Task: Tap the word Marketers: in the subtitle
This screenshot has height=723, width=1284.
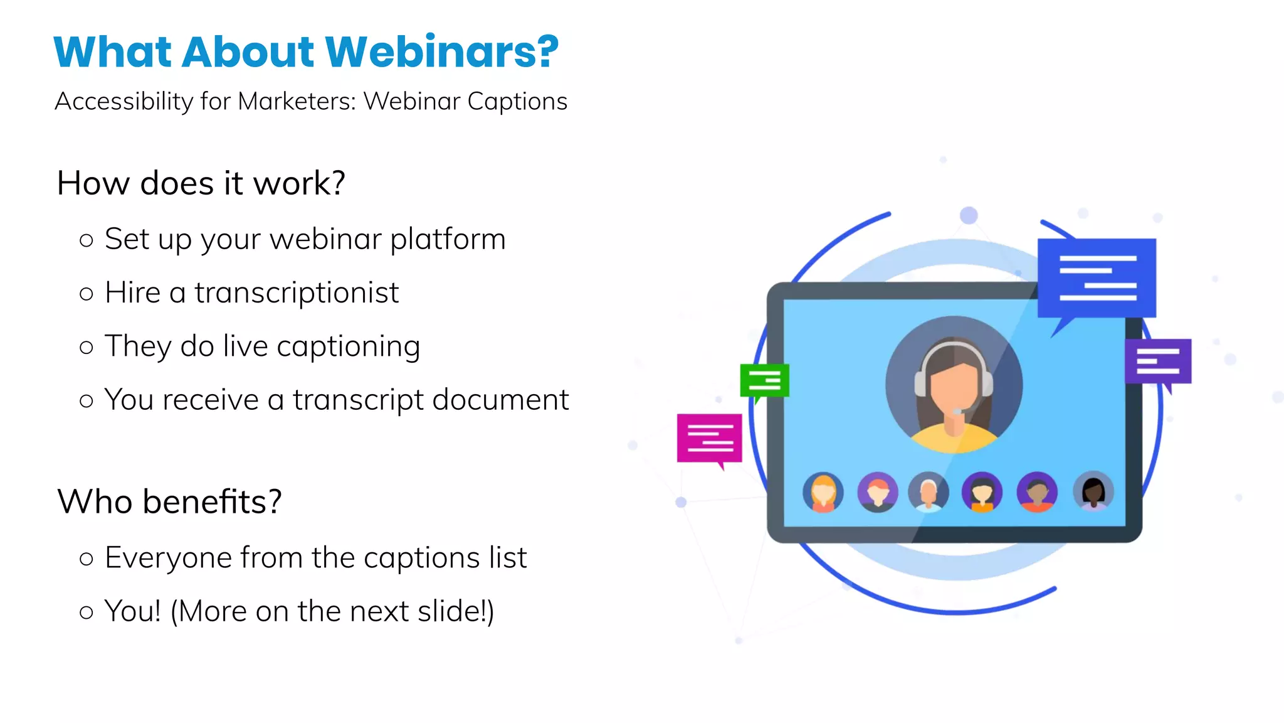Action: pos(297,102)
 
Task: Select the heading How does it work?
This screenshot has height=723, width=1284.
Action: pos(201,183)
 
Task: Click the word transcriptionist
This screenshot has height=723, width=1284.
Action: pos(296,292)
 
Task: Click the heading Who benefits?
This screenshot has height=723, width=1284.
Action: pos(169,502)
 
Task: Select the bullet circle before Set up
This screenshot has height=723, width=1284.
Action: pos(87,240)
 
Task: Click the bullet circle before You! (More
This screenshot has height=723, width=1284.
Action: pos(87,612)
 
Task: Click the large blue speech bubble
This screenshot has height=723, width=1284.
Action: pos(1097,277)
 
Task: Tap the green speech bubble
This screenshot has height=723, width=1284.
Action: pos(764,380)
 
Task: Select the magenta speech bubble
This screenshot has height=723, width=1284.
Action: pos(709,437)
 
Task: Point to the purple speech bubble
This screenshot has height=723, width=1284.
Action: pos(1158,361)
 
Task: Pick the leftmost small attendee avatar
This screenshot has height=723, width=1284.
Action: pos(823,492)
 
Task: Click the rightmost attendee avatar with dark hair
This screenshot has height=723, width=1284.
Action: pos(1093,491)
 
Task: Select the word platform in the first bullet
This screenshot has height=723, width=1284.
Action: pos(448,239)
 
